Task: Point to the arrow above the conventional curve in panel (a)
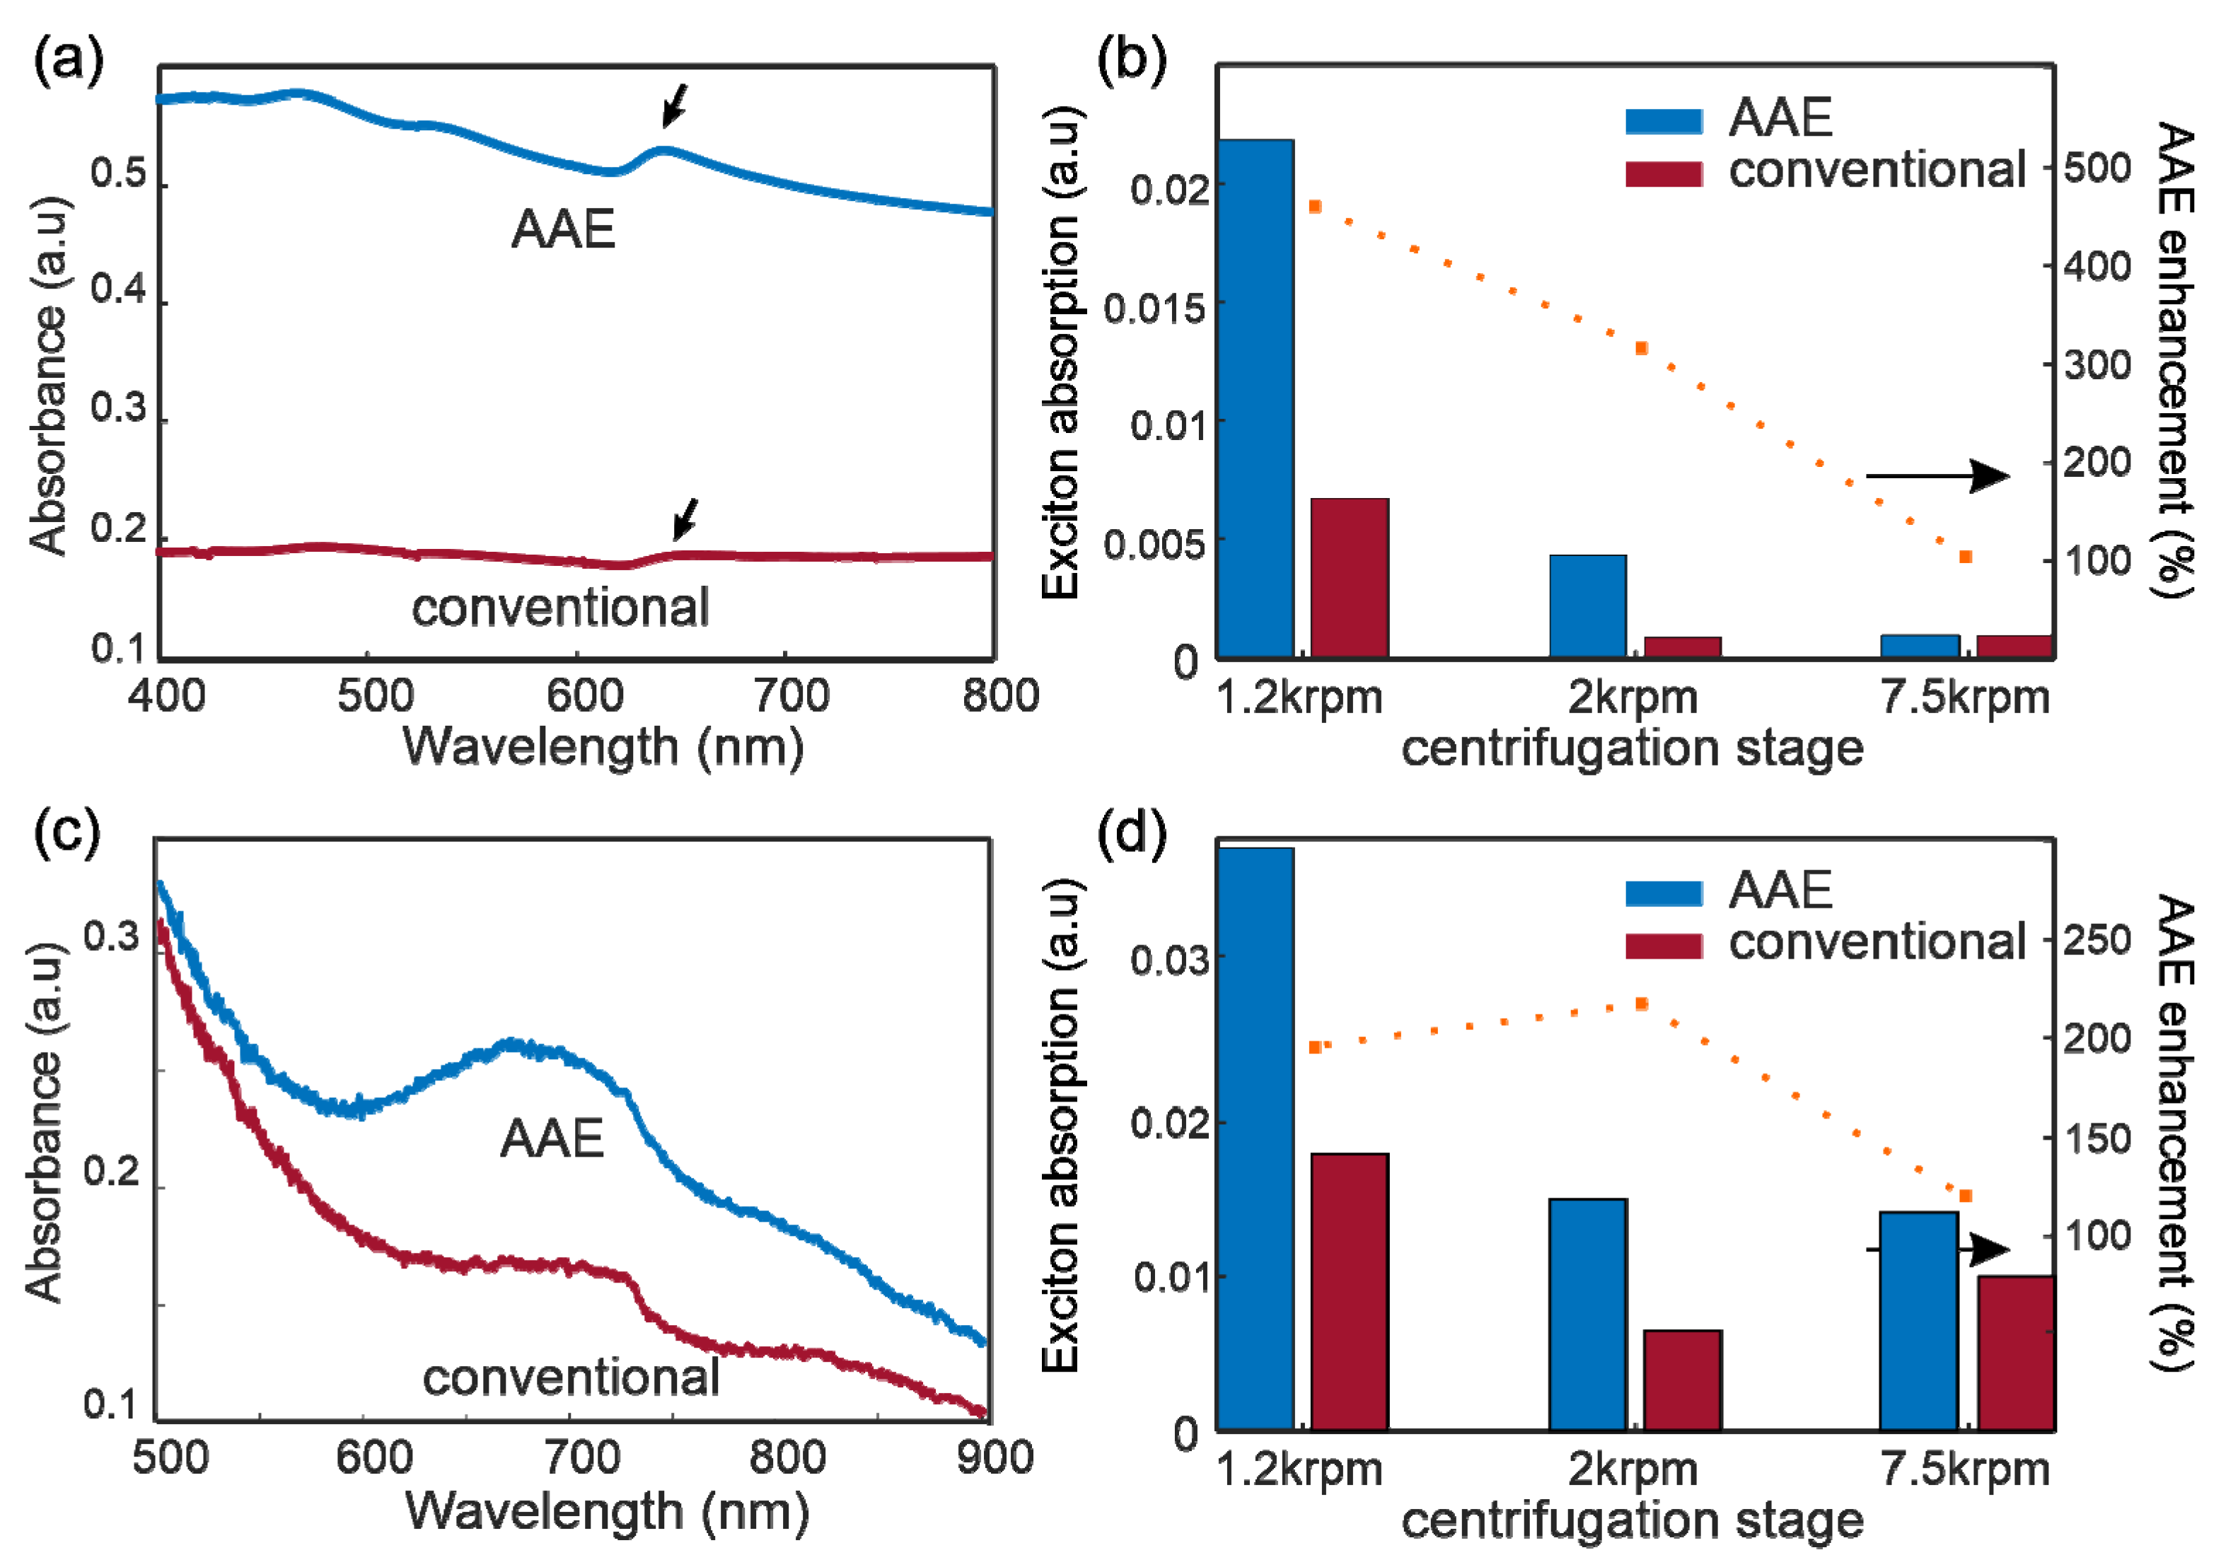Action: tap(686, 519)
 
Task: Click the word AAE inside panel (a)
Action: tap(563, 230)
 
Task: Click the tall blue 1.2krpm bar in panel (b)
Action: tap(1255, 398)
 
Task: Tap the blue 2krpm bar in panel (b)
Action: tap(1587, 606)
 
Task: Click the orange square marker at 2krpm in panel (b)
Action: tap(1642, 348)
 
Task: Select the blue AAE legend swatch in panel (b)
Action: tap(1664, 121)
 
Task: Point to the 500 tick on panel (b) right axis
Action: tap(2097, 168)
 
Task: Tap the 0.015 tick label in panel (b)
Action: tap(1154, 308)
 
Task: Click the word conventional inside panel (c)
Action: tap(571, 1377)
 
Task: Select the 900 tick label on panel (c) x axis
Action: tap(995, 1457)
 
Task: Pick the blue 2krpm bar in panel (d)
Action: tap(1587, 1314)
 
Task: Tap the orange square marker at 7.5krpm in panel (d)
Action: tap(1966, 1196)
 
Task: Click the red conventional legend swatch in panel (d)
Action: tap(1664, 946)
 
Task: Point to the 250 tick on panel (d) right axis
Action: tap(2097, 940)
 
